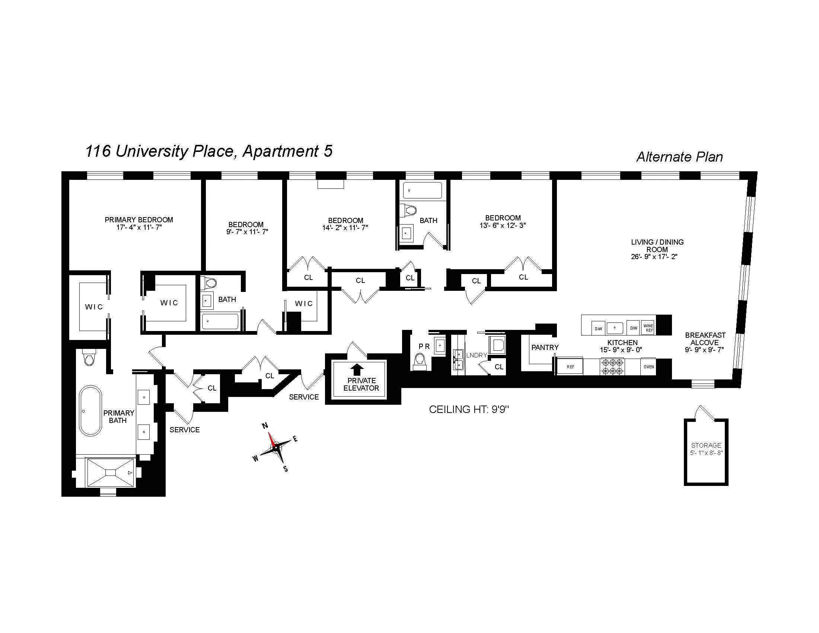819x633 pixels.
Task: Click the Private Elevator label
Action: pyautogui.click(x=361, y=384)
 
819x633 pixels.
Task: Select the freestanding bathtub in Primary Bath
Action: pyautogui.click(x=90, y=410)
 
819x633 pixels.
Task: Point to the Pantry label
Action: pyautogui.click(x=545, y=347)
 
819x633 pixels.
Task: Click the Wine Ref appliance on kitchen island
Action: pyautogui.click(x=648, y=328)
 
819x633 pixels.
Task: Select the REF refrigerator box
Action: pyautogui.click(x=570, y=367)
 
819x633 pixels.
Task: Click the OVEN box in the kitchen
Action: pyautogui.click(x=649, y=367)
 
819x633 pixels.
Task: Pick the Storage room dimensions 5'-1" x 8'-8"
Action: pyautogui.click(x=706, y=453)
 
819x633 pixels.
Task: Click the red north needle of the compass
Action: pyautogui.click(x=271, y=439)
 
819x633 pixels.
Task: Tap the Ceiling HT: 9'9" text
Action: pyautogui.click(x=468, y=410)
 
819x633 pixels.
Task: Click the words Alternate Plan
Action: pyautogui.click(x=679, y=157)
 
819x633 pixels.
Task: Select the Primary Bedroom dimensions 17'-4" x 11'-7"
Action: pyautogui.click(x=139, y=227)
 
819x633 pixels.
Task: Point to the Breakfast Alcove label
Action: pyautogui.click(x=705, y=339)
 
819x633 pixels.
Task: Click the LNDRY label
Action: pyautogui.click(x=476, y=355)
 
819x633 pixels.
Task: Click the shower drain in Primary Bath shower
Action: pyautogui.click(x=111, y=473)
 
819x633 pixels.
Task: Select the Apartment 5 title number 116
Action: pyautogui.click(x=98, y=152)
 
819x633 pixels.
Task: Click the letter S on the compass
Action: pyautogui.click(x=286, y=469)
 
